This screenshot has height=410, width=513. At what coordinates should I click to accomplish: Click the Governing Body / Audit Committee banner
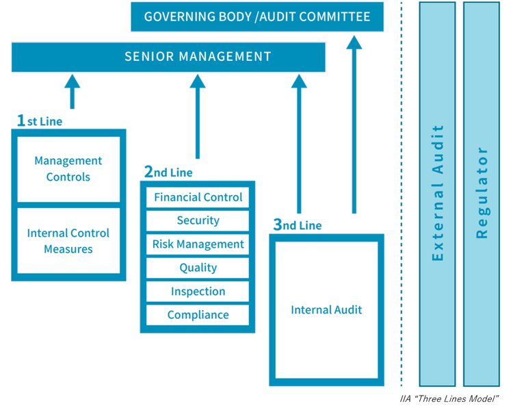tap(256, 16)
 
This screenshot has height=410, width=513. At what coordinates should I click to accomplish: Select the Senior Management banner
tap(168, 57)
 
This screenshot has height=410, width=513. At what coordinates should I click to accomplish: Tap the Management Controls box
tap(68, 169)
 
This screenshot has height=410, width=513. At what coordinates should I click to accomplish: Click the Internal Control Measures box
tap(68, 241)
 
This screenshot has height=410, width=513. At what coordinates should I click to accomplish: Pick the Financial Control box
tap(198, 197)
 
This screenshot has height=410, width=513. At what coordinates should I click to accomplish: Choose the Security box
tap(198, 220)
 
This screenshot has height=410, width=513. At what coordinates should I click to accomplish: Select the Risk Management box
tap(198, 244)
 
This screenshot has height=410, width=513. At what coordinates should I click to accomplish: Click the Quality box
tap(198, 268)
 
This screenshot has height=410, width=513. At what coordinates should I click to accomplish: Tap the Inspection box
tap(198, 292)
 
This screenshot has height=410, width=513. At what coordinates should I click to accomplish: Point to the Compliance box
tap(198, 315)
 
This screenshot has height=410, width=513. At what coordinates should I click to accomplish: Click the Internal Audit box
tap(326, 310)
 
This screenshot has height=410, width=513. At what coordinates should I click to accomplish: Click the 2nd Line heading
tap(168, 172)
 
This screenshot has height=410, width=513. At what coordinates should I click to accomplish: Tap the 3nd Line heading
tap(297, 225)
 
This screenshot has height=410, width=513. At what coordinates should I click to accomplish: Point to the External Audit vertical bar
tap(438, 193)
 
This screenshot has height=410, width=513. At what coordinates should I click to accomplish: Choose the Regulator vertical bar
tap(482, 193)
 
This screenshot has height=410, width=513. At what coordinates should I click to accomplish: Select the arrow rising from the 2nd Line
tap(198, 116)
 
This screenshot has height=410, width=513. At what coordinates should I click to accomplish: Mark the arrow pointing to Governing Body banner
tap(354, 123)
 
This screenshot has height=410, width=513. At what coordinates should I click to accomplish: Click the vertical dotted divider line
tap(402, 205)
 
